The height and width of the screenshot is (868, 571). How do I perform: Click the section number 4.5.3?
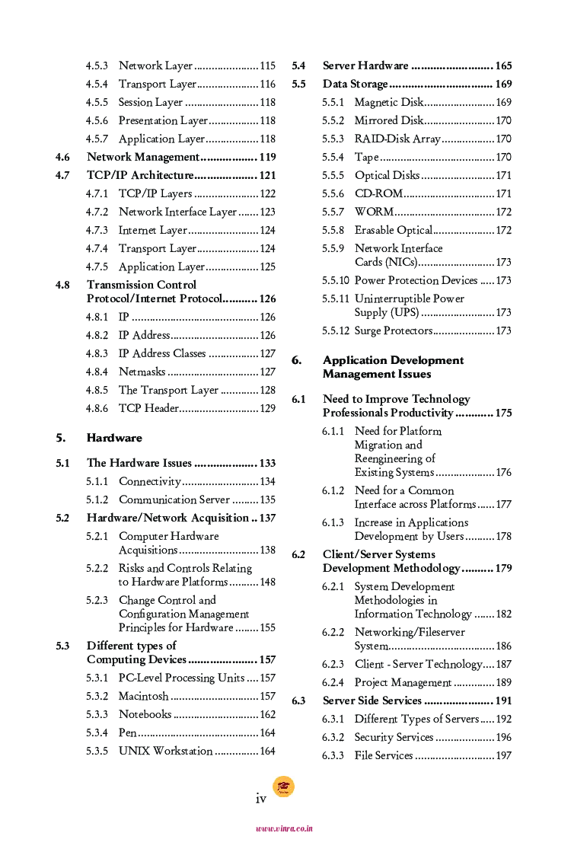97,66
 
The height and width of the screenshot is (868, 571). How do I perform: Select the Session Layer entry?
151,103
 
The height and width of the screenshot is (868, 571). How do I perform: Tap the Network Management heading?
142,158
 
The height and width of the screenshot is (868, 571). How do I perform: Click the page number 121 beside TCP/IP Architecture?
267,176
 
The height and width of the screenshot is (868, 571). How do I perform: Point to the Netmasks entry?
142,372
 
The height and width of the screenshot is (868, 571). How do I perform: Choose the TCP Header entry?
148,409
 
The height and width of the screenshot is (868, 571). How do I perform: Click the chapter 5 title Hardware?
114,439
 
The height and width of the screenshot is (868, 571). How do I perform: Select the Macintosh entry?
143,697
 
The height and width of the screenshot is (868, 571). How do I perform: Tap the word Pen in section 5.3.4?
127,733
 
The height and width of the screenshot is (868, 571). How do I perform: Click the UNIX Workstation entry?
165,752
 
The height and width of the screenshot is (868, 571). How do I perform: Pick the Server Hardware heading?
365,66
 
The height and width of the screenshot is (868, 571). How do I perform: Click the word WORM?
374,212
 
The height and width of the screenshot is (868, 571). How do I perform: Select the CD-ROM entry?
378,194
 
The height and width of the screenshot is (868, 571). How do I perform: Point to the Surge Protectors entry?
393,331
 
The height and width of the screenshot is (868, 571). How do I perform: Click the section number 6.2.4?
333,683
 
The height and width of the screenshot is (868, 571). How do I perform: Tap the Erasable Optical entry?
393,231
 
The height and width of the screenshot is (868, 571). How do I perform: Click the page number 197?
503,756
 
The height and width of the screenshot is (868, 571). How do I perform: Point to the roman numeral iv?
261,799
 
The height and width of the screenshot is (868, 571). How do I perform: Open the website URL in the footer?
284,828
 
